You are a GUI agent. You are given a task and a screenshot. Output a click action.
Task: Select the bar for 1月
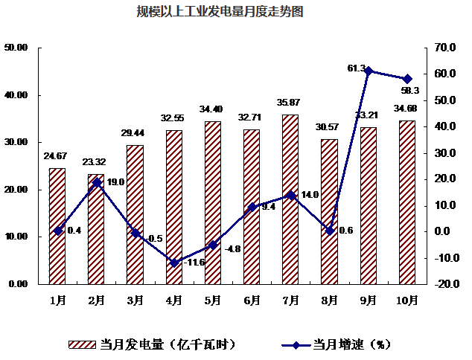click(x=57, y=226)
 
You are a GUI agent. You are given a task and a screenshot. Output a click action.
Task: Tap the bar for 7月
click(x=290, y=199)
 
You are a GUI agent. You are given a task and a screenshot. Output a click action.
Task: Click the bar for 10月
click(x=407, y=202)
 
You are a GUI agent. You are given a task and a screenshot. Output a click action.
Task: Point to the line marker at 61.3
click(x=369, y=71)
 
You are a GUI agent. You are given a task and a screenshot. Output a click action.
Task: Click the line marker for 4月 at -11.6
click(x=174, y=263)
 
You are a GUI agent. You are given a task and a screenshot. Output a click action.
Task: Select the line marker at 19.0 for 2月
click(x=97, y=182)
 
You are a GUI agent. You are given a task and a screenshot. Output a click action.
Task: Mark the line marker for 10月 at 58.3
click(x=407, y=79)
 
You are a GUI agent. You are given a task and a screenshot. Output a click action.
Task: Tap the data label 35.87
click(x=290, y=102)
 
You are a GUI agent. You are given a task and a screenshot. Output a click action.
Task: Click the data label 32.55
click(x=173, y=118)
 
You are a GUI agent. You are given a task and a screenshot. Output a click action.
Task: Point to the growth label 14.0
click(x=309, y=195)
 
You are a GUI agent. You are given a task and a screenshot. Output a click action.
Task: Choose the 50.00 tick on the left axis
click(x=16, y=48)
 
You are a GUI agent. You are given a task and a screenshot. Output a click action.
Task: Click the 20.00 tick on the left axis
click(x=16, y=190)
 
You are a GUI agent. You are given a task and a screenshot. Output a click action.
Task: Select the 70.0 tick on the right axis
click(x=445, y=48)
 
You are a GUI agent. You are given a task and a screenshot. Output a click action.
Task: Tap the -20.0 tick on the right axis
click(x=444, y=284)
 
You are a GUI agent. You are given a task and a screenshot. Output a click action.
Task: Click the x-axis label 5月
click(x=213, y=300)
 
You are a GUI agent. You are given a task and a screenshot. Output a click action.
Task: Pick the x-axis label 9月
click(x=369, y=300)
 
